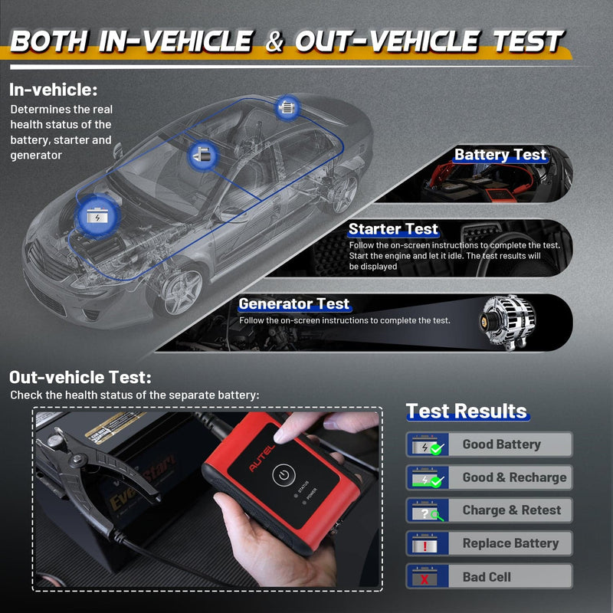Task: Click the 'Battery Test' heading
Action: click(x=500, y=155)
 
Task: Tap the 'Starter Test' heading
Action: click(x=393, y=229)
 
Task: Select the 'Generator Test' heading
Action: click(x=294, y=304)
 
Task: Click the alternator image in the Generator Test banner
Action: click(x=508, y=320)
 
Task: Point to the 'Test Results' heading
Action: click(x=466, y=411)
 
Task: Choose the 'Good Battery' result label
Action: click(x=501, y=444)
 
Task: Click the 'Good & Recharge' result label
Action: click(x=514, y=477)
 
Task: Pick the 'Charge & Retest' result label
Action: click(x=512, y=510)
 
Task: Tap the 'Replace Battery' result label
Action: click(x=510, y=543)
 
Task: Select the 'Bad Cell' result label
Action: click(x=487, y=576)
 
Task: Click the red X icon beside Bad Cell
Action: click(x=425, y=577)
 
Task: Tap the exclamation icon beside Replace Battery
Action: click(x=425, y=544)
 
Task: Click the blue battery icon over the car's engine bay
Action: click(x=97, y=215)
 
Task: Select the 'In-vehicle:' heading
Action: click(x=54, y=90)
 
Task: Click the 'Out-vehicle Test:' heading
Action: click(x=80, y=377)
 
